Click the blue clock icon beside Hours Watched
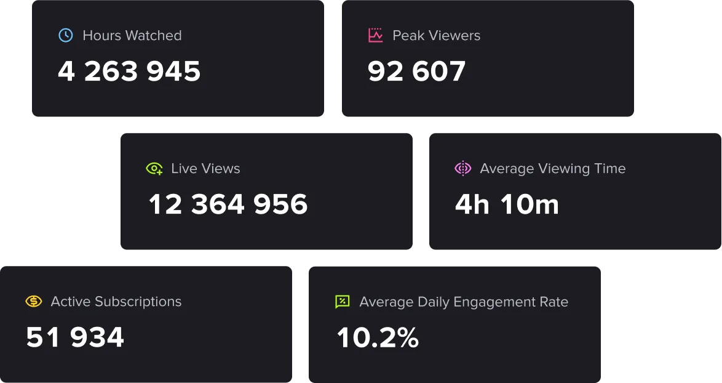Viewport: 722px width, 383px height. coord(65,35)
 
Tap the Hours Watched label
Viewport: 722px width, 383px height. coord(132,36)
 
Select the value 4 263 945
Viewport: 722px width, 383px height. coord(129,71)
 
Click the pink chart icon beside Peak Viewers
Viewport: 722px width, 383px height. coord(375,35)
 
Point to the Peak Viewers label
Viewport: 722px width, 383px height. coord(436,36)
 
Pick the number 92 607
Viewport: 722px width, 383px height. coord(416,71)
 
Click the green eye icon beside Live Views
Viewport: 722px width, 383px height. coord(154,169)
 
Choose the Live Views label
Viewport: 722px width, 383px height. coord(205,169)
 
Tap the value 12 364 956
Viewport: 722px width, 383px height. coord(228,204)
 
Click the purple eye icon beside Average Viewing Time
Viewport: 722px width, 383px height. coord(462,169)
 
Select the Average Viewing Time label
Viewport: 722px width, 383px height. coord(552,169)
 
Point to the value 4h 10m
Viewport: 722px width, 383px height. coord(507,204)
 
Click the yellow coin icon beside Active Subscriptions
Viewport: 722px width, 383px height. coord(33,302)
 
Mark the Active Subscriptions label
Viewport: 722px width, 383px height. coord(116,302)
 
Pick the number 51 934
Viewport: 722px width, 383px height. coord(75,337)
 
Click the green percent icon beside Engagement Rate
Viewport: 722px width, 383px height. coord(342,302)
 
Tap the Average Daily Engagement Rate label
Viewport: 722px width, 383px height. coord(464,302)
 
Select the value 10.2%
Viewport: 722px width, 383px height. coord(378,337)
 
